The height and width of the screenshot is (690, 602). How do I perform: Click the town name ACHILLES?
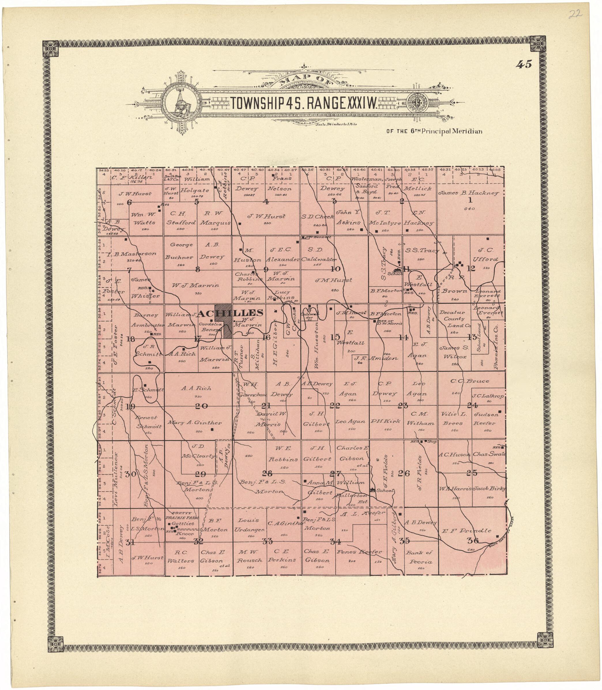coord(230,313)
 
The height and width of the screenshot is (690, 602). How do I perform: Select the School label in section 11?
coord(395,274)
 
